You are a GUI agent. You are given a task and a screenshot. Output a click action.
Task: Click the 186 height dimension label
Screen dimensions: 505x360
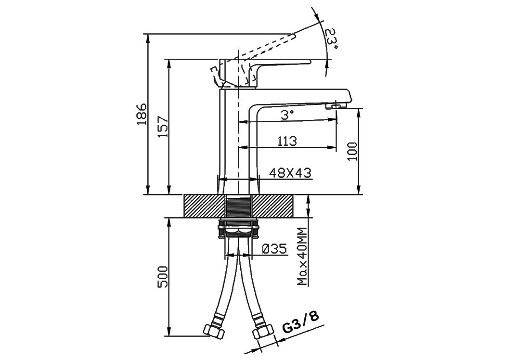pyautogui.click(x=142, y=114)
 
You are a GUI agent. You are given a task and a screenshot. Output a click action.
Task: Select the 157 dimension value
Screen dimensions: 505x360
pyautogui.click(x=164, y=127)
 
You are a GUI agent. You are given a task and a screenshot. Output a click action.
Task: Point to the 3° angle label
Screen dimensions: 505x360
pyautogui.click(x=287, y=115)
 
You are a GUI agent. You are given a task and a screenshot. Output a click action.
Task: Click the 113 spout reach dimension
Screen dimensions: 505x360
pyautogui.click(x=287, y=141)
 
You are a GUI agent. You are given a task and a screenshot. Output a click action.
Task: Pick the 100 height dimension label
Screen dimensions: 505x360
pyautogui.click(x=353, y=151)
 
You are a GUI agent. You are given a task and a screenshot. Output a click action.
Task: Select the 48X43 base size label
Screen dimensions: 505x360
pyautogui.click(x=290, y=173)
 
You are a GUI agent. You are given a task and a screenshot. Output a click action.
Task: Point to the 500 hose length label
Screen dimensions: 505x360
pyautogui.click(x=164, y=277)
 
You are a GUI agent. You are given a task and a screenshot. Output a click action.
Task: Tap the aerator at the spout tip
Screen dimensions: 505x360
pyautogui.click(x=336, y=106)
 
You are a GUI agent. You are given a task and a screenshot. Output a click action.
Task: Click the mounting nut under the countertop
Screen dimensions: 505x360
pyautogui.click(x=238, y=229)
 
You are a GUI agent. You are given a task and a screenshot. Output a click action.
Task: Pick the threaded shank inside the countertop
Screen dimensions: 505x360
pyautogui.click(x=238, y=206)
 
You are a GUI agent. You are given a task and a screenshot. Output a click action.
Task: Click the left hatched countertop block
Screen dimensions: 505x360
pyautogui.click(x=204, y=206)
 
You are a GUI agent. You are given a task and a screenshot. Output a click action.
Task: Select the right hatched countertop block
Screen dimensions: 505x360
pyautogui.click(x=273, y=206)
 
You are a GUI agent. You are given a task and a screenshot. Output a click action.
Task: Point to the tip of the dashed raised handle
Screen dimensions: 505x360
pyautogui.click(x=294, y=35)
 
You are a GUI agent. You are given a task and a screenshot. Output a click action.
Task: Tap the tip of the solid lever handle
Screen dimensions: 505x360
pyautogui.click(x=310, y=61)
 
